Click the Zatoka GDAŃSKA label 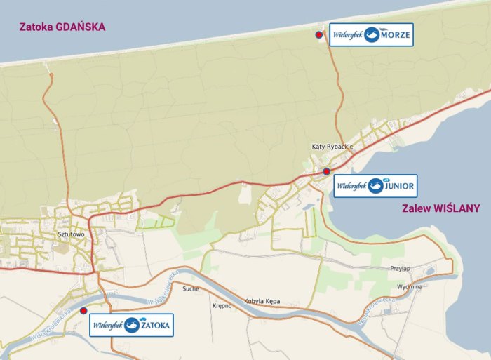point(62,27)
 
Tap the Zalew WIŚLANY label point(441,208)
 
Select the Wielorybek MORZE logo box point(371,34)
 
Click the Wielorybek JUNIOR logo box point(375,186)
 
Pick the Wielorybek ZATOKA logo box point(131,325)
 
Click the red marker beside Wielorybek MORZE point(319,34)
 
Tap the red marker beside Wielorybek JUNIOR point(327,171)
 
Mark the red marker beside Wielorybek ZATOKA point(83,310)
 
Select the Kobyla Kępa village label point(262,301)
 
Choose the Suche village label point(190,288)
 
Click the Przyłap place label point(399,269)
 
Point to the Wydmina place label point(408,286)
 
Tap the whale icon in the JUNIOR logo point(376,186)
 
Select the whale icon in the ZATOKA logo point(132,325)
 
